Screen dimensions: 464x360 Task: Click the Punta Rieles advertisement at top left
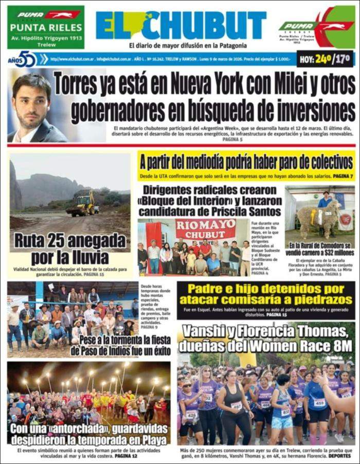(x=45, y=27)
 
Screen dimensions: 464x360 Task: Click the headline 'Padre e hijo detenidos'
(x=266, y=294)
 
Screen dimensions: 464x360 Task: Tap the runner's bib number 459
(x=319, y=403)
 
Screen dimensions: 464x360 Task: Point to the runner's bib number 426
(x=191, y=414)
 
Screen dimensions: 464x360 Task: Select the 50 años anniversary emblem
(x=24, y=59)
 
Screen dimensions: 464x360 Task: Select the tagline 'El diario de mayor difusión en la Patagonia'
(x=181, y=45)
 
